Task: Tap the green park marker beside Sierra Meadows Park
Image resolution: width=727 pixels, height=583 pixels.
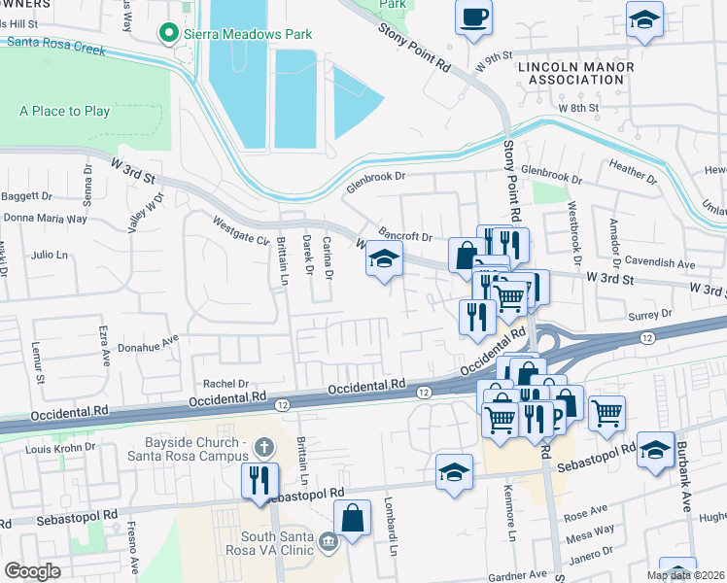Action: tap(172, 35)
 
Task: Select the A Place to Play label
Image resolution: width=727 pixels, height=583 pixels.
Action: tap(64, 111)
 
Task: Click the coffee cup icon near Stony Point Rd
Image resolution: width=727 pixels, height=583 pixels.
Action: tap(473, 17)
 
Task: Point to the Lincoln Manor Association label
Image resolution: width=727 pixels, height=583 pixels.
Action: tap(575, 73)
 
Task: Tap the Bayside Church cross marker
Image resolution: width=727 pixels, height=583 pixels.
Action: tap(260, 448)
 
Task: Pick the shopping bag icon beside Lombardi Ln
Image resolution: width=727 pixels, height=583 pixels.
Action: tap(353, 518)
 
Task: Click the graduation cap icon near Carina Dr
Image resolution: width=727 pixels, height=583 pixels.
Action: tap(384, 259)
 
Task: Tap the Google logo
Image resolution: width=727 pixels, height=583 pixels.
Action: tap(32, 571)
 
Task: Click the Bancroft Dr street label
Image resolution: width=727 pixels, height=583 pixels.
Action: tap(404, 236)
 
